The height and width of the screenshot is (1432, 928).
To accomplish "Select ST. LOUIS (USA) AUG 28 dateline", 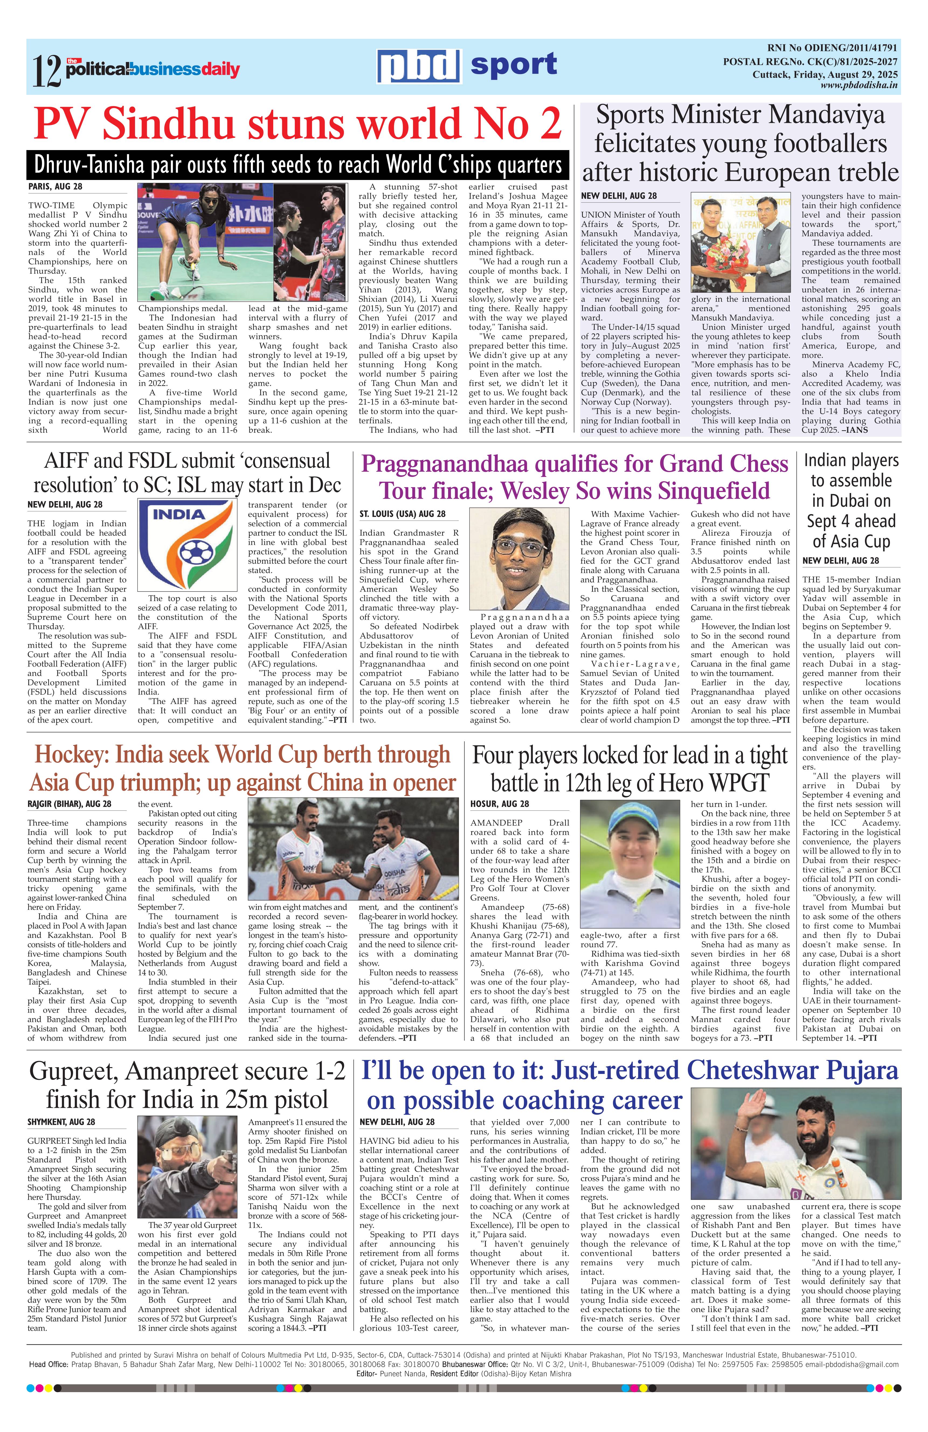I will (402, 513).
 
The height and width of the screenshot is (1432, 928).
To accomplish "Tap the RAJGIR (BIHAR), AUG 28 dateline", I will (69, 804).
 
